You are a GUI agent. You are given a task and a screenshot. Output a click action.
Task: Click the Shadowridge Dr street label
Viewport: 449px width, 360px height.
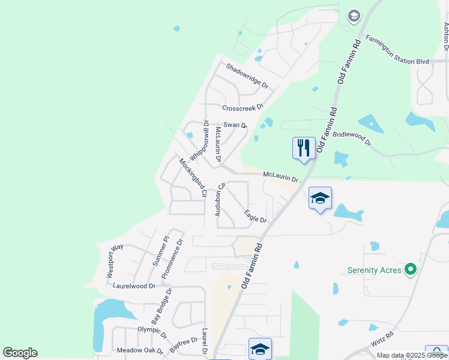(x=247, y=76)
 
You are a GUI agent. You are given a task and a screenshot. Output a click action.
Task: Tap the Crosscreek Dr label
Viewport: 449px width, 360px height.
(x=243, y=108)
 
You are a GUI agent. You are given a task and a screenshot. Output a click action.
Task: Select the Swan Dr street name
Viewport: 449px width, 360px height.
(x=235, y=125)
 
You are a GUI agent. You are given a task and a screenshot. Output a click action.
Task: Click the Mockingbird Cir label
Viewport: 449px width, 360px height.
(x=193, y=178)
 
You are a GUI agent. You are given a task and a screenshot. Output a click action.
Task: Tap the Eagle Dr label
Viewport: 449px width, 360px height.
(x=255, y=216)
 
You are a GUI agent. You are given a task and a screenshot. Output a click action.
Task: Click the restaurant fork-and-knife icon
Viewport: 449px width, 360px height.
(x=304, y=147)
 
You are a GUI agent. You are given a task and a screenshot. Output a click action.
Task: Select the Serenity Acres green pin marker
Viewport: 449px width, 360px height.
(x=411, y=270)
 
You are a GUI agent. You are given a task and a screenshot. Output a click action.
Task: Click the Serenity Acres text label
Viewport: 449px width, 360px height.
(x=374, y=270)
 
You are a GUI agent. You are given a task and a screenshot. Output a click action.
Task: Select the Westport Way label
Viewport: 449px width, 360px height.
(x=115, y=260)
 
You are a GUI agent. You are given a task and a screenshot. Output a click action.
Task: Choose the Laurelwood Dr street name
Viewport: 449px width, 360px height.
(x=134, y=287)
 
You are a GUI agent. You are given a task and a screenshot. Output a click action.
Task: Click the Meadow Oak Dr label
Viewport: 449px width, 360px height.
(x=140, y=350)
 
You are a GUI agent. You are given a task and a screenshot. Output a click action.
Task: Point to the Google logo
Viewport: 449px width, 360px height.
(x=20, y=353)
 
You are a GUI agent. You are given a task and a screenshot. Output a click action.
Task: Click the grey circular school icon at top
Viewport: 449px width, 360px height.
(x=354, y=16)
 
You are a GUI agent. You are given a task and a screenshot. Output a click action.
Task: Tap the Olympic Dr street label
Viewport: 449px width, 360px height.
(x=151, y=329)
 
